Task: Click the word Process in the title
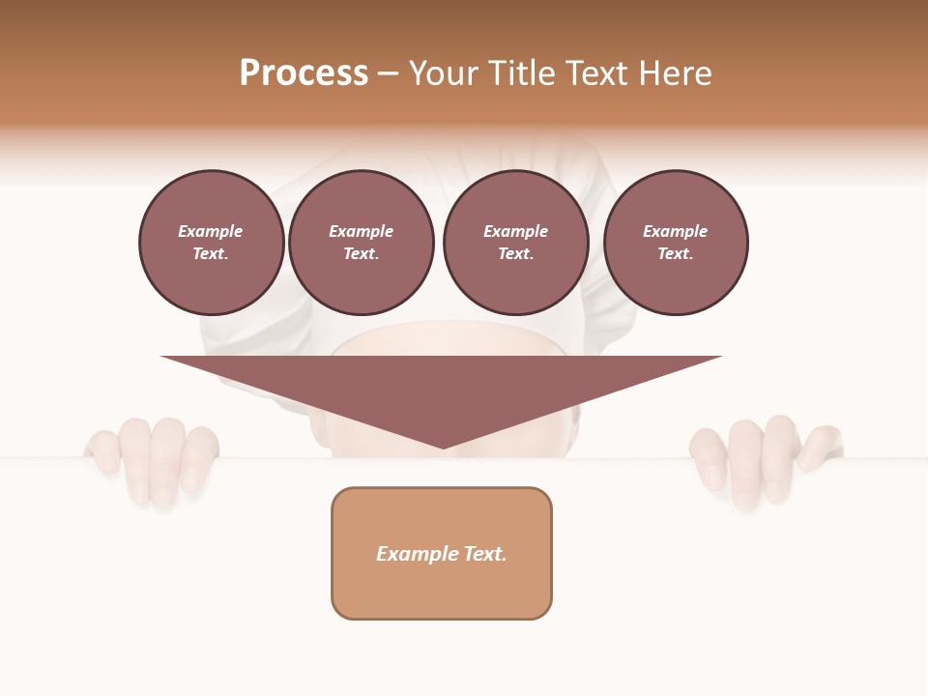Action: coord(304,73)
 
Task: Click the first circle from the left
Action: coord(212,243)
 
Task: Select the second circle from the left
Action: coord(362,243)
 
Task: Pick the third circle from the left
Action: coord(516,243)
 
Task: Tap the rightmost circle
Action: coord(676,243)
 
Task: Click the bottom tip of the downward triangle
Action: coord(443,447)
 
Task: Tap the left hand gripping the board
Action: coord(155,459)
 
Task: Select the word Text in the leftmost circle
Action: coord(210,254)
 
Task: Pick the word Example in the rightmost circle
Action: coord(675,231)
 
